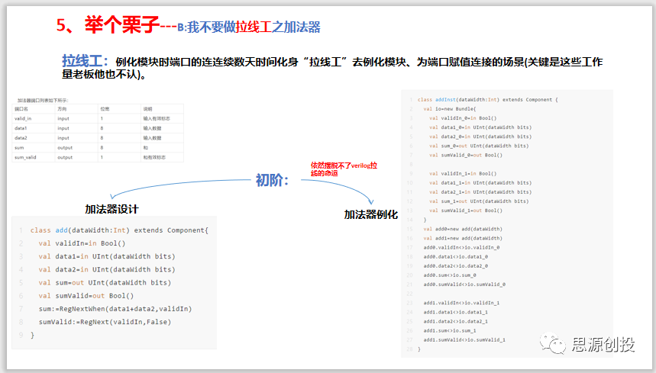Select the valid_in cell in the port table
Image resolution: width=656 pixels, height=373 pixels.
(24, 119)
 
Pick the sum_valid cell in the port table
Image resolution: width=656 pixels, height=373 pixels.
(26, 156)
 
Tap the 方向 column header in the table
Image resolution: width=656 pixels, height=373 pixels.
(63, 109)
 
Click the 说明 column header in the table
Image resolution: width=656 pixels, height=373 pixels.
(148, 109)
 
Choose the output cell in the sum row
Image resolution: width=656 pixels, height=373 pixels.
(65, 147)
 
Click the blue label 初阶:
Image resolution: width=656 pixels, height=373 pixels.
(272, 181)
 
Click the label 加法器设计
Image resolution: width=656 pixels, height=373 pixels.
(111, 209)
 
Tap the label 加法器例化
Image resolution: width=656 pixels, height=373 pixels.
(371, 214)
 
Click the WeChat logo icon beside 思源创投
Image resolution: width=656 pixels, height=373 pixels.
(555, 345)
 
